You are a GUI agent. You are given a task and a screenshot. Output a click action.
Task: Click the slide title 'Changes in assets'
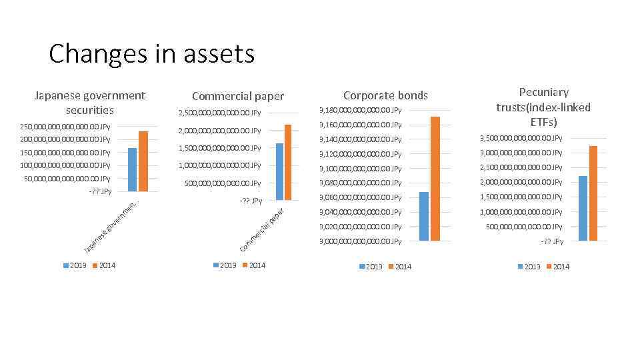(151, 53)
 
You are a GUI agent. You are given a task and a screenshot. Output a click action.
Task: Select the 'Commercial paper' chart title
(237, 96)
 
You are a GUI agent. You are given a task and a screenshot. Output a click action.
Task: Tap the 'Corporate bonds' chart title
(385, 95)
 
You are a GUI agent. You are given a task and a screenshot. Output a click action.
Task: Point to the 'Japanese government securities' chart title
(89, 103)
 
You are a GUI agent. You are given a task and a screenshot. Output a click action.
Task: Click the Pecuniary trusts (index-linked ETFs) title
(543, 107)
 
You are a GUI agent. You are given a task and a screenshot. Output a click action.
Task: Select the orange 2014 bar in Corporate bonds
(435, 178)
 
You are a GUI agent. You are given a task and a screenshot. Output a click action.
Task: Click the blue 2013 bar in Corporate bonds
(424, 216)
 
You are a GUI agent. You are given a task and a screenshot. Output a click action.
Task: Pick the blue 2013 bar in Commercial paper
(279, 171)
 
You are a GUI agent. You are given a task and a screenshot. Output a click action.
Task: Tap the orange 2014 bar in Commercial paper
(288, 162)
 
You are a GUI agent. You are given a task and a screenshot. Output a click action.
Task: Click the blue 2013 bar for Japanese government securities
(132, 169)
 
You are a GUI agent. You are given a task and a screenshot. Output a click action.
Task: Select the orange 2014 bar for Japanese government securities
(143, 161)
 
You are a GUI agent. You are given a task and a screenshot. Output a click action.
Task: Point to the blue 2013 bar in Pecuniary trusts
(583, 208)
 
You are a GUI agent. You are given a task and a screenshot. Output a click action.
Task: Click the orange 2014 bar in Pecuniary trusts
(593, 193)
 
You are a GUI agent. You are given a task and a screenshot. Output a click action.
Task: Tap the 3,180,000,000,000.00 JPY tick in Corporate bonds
(360, 110)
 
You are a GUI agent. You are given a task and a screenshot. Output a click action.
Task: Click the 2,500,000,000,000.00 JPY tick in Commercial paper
(219, 113)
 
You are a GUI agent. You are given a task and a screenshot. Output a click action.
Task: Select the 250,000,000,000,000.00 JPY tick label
(65, 127)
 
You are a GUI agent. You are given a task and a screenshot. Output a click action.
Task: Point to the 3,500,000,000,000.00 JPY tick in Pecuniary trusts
(521, 138)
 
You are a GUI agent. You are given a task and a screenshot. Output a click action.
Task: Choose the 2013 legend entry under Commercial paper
(224, 265)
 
